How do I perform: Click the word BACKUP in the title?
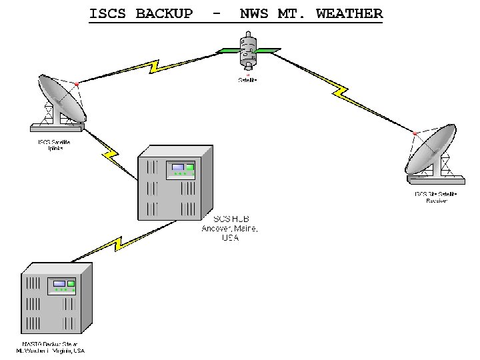point(164,13)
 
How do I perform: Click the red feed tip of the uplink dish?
point(78,85)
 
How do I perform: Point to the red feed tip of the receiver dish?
point(415,133)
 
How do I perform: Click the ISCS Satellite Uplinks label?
point(53,145)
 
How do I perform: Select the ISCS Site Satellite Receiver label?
point(436,197)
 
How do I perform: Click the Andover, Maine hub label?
point(230,228)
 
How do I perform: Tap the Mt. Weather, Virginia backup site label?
point(51,347)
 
